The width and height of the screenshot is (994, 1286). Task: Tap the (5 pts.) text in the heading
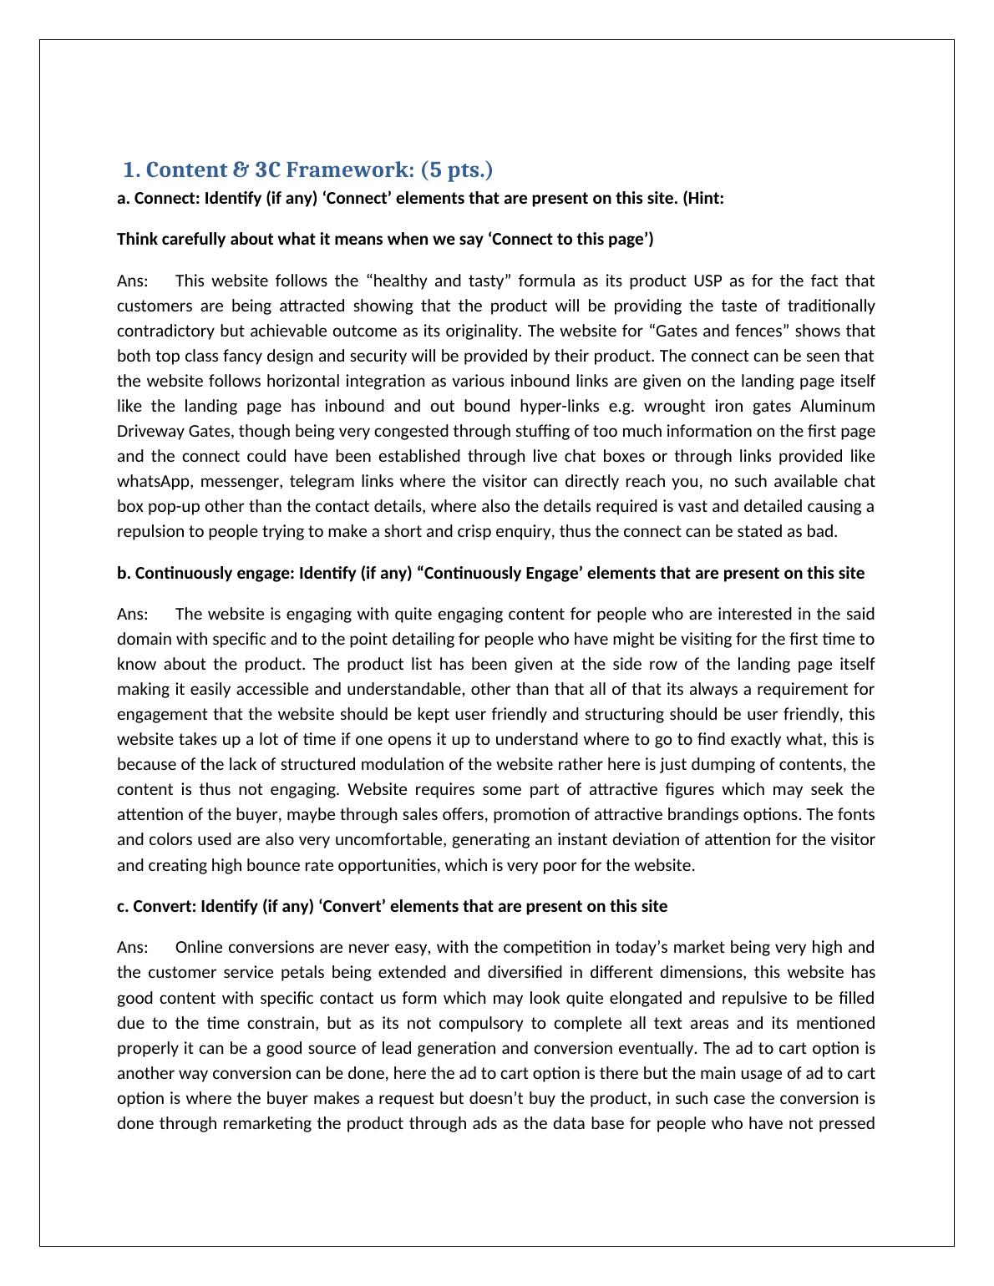457,170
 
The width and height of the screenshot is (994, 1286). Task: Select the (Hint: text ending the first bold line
703,199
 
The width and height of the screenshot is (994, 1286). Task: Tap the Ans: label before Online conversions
133,947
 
